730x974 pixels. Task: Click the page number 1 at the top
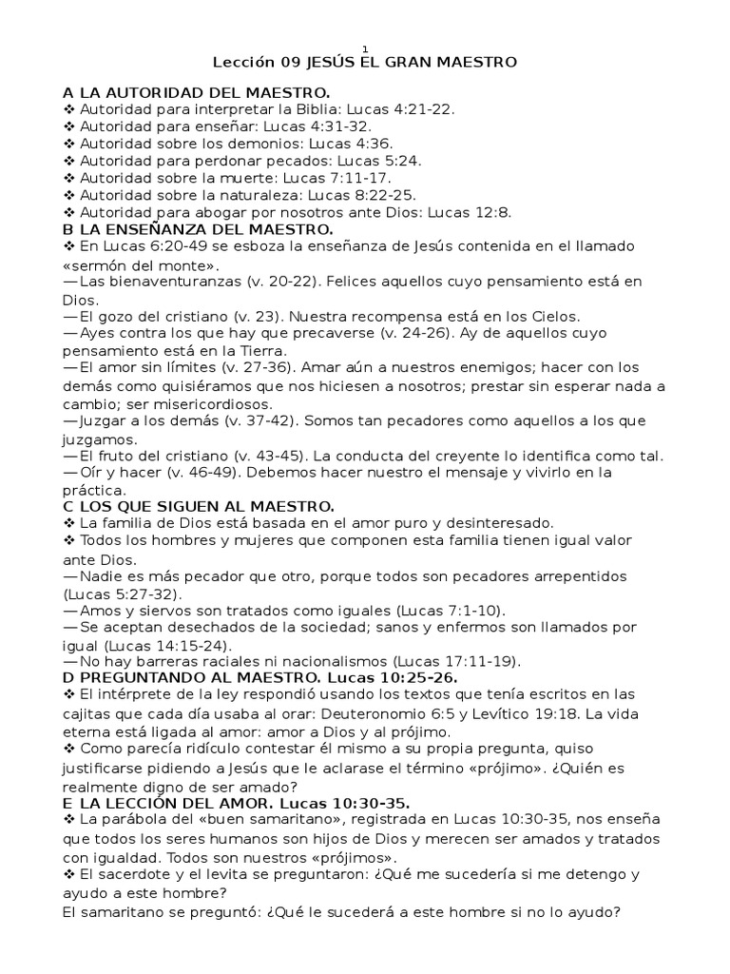(x=366, y=49)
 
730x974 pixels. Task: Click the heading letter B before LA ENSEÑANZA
(x=68, y=229)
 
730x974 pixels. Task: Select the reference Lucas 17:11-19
(x=459, y=660)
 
